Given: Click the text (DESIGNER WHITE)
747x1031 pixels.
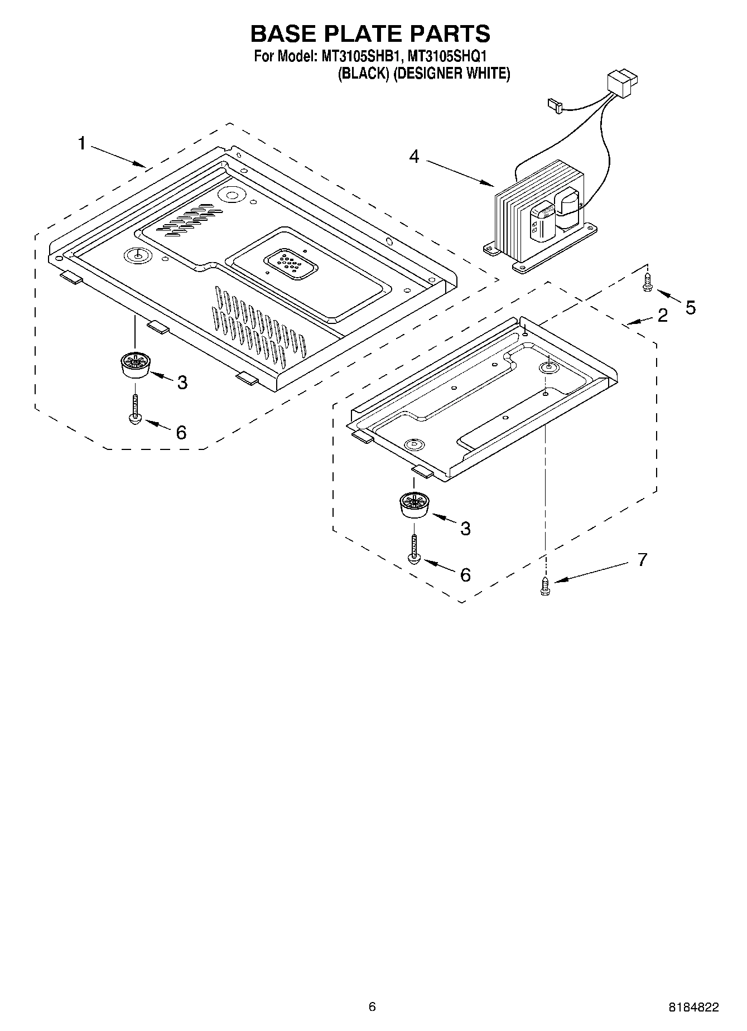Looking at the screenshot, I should click(451, 73).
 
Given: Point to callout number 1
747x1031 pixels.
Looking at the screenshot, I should click(82, 143).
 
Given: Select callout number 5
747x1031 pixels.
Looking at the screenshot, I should click(691, 307).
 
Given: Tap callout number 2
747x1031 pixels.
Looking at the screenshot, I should click(662, 316).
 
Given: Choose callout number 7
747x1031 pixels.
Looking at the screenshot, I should click(642, 559).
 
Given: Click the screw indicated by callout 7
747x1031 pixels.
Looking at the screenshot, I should click(545, 586).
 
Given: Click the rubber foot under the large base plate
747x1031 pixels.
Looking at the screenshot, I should click(135, 365).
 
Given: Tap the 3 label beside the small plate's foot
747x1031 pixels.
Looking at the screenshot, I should click(465, 528).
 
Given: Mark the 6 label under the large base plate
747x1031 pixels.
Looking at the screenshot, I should click(181, 432).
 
